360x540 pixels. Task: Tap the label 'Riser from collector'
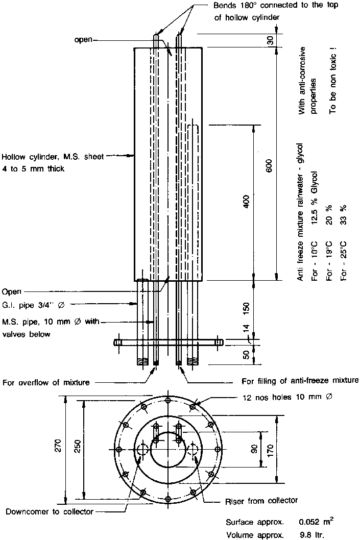[261, 500]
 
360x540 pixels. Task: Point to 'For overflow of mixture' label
[46, 382]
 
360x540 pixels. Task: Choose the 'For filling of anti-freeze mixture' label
[300, 380]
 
